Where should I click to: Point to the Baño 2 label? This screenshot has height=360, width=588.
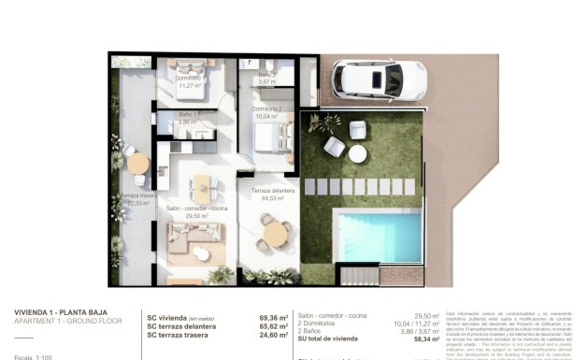(267, 78)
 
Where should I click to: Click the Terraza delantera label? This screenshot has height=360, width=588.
(272, 194)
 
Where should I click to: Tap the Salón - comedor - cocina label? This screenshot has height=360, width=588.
(196, 210)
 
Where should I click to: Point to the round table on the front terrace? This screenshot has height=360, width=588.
(271, 230)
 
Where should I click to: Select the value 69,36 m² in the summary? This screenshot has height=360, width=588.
(271, 318)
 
